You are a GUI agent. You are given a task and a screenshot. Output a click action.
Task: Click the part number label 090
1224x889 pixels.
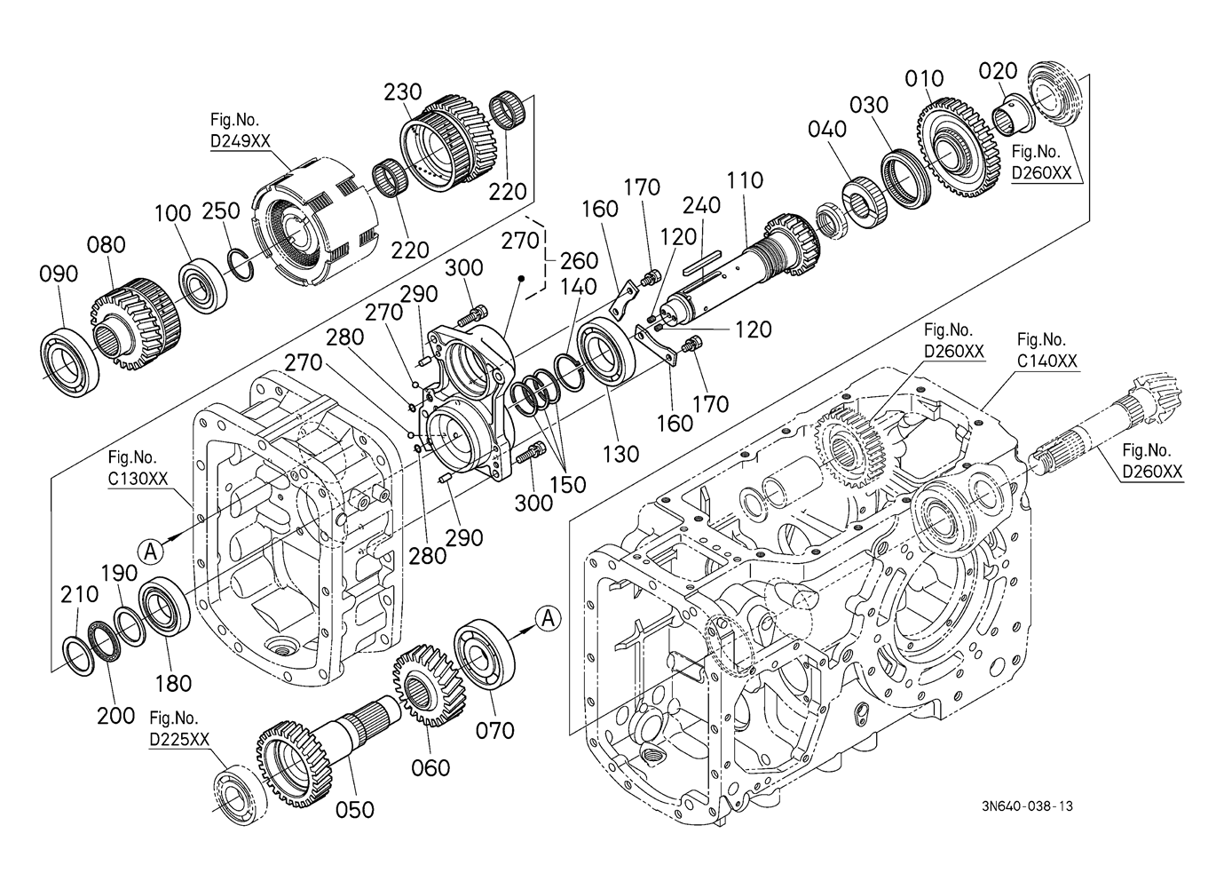click(59, 274)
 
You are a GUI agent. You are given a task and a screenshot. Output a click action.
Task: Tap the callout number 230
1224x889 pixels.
click(403, 91)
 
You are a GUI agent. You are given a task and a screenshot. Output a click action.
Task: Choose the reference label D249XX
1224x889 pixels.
click(241, 140)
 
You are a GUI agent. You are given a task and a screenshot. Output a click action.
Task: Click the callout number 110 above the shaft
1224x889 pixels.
click(746, 180)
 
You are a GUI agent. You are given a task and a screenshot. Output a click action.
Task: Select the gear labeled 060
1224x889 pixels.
click(428, 685)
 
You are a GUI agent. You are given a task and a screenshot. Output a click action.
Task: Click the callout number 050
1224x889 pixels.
click(355, 810)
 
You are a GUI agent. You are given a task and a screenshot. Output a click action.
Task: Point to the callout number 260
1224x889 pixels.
click(580, 261)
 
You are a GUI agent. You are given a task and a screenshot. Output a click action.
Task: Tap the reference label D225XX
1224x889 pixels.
click(179, 739)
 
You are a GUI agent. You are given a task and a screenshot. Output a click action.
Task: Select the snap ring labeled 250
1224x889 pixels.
click(241, 266)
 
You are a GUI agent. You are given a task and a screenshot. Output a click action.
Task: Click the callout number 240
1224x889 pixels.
click(701, 205)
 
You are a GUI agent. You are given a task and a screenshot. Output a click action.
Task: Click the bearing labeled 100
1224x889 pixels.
click(202, 286)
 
